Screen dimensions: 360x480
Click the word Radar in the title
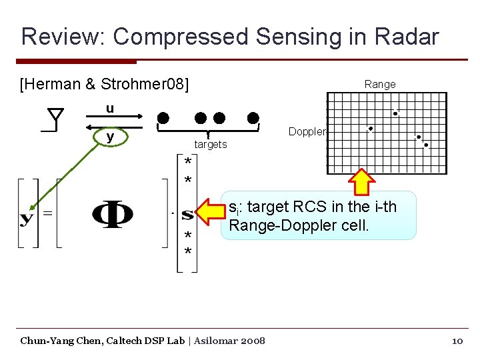[x=407, y=36]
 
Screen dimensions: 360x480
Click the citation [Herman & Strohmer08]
[x=105, y=85]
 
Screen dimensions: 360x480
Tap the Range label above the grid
[x=380, y=84]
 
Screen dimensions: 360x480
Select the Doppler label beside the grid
[x=307, y=131]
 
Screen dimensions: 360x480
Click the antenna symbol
[x=55, y=120]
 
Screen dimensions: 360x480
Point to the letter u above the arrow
[x=109, y=108]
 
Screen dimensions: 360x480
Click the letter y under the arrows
[x=109, y=137]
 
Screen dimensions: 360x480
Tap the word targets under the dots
[x=211, y=144]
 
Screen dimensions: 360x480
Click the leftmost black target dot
[x=163, y=119]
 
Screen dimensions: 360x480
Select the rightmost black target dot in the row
[x=253, y=119]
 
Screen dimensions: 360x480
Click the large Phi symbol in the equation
[x=112, y=215]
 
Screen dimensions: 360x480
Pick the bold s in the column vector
[x=187, y=215]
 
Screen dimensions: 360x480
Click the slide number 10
[x=457, y=341]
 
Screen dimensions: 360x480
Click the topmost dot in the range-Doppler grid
[x=395, y=113]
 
